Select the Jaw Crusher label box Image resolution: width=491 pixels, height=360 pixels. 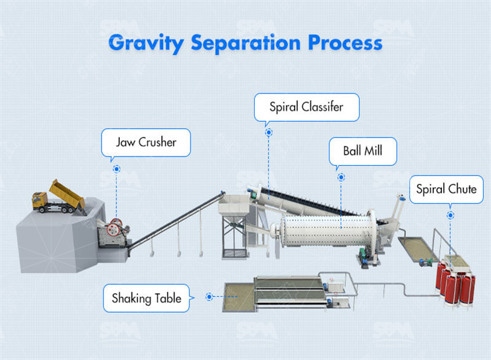(x=145, y=142)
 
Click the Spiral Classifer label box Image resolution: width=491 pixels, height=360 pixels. (x=306, y=106)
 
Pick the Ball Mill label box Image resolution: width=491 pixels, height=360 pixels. (x=362, y=151)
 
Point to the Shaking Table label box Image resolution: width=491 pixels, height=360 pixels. (x=146, y=298)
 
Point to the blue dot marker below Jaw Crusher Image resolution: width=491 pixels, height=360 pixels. (x=117, y=168)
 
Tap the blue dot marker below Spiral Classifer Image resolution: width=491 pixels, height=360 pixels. (x=268, y=132)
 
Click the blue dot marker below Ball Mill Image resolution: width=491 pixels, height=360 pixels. (x=340, y=177)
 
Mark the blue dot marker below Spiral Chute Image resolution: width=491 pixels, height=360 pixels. (x=450, y=214)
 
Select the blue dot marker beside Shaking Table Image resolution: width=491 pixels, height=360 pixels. (x=209, y=297)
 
